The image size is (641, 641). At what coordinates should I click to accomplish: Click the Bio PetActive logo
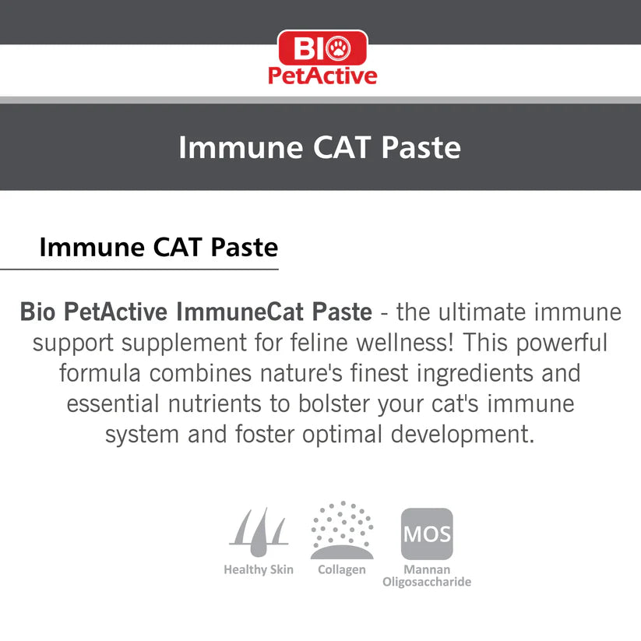[x=322, y=58]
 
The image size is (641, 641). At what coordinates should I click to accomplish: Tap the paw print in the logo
[x=339, y=48]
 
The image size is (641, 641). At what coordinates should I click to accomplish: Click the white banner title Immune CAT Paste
[x=319, y=147]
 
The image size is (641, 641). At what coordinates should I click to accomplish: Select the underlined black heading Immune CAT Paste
[x=158, y=247]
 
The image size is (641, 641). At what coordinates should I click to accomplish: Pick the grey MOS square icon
[x=426, y=534]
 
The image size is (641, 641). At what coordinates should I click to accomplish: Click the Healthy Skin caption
[x=259, y=569]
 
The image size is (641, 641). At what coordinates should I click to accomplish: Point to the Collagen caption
[x=341, y=569]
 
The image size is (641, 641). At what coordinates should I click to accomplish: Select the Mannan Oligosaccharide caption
[x=427, y=576]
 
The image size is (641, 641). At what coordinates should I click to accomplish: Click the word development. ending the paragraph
[x=463, y=435]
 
